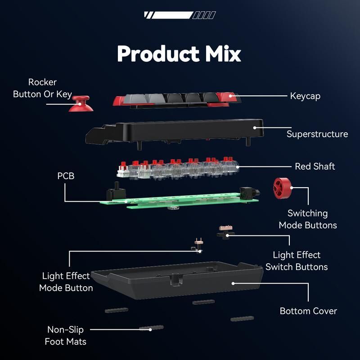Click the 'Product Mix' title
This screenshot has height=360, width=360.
click(x=179, y=54)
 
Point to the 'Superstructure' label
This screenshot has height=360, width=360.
click(x=317, y=134)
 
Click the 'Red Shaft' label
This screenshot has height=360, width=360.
click(x=315, y=166)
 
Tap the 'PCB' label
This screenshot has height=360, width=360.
click(x=66, y=175)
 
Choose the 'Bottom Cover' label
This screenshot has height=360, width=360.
click(x=308, y=310)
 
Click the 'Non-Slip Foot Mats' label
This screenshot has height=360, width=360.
click(x=66, y=335)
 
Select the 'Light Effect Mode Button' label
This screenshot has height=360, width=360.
click(x=66, y=282)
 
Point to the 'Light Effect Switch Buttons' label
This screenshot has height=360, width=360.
click(x=297, y=261)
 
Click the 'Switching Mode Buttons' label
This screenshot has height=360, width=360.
click(x=308, y=219)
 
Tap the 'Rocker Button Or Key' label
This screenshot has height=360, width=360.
click(x=42, y=88)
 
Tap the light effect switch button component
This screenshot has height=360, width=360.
click(x=225, y=232)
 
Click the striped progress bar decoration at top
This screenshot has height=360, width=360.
click(x=180, y=15)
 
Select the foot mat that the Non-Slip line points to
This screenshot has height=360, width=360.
click(x=151, y=328)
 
